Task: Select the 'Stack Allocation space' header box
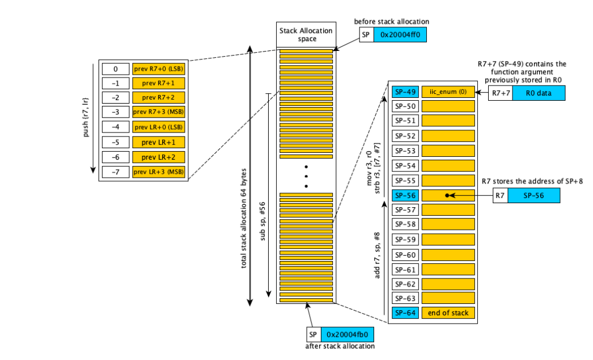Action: (306, 34)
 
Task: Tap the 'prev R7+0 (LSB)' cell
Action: (158, 69)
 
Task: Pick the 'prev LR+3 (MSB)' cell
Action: (158, 172)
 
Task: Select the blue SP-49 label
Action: (404, 92)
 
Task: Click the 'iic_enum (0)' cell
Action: (448, 92)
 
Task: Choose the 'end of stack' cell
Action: (448, 313)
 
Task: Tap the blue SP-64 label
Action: (404, 313)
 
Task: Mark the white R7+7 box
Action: (499, 93)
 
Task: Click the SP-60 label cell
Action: (404, 254)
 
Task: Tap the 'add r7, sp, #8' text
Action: (378, 255)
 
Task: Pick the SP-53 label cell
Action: (404, 151)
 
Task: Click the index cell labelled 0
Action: (115, 69)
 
